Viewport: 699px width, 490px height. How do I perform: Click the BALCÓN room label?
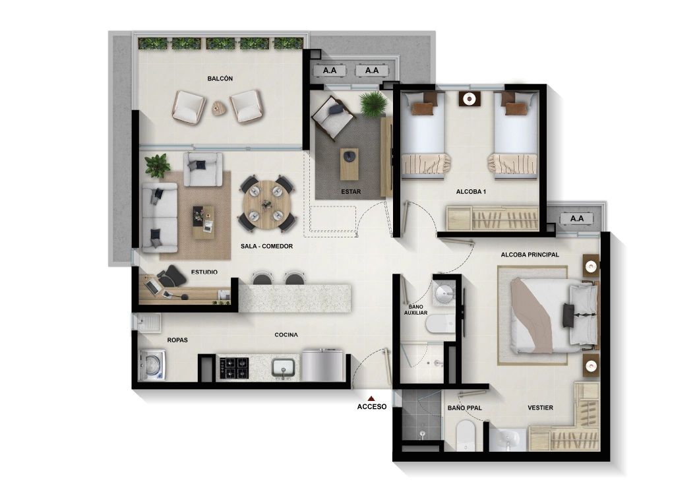coord(220,78)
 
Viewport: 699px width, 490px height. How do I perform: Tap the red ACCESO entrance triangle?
coord(371,398)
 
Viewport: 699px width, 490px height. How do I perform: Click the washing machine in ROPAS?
coord(152,365)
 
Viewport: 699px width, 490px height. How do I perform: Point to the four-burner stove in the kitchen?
coord(233,367)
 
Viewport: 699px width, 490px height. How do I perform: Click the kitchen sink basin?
coord(286,367)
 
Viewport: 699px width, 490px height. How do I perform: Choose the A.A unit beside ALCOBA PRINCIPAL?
coord(577,218)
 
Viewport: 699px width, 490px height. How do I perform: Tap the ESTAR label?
coord(350,192)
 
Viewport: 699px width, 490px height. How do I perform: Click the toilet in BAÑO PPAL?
coord(466,434)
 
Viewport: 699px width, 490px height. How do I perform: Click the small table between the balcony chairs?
coord(219,107)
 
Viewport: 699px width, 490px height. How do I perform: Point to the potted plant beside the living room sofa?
coord(157,165)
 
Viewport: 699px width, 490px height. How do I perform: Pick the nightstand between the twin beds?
coord(470,99)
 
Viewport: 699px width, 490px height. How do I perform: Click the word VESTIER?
coord(540,408)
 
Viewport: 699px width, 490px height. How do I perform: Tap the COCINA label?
coord(286,335)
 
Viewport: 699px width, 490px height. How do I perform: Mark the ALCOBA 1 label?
coord(470,192)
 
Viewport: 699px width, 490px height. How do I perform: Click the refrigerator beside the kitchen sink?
coord(322,365)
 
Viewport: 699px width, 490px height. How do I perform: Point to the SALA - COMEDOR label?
coord(266,246)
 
